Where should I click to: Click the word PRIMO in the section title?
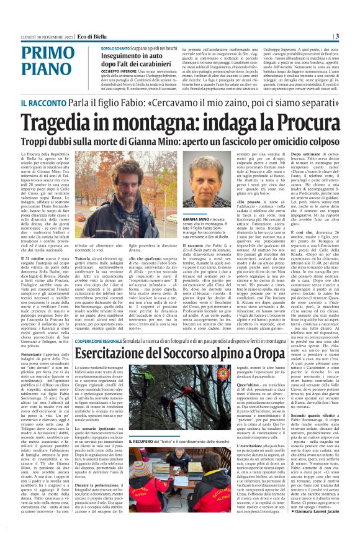click(42, 54)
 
